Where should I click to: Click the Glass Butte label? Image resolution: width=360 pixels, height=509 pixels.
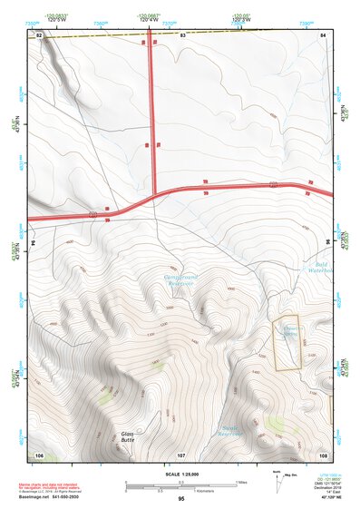(131, 437)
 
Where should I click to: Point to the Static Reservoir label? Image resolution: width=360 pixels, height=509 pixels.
(235, 431)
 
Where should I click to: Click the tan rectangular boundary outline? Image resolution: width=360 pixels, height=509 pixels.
(286, 343)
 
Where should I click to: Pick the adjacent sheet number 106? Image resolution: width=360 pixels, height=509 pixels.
(39, 454)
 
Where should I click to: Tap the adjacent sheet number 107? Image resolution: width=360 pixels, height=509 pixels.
(180, 454)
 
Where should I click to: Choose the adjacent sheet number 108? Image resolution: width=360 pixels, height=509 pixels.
(323, 454)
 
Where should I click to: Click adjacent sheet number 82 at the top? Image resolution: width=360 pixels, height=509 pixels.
(39, 34)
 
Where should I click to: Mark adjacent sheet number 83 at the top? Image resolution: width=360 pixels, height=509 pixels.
(181, 34)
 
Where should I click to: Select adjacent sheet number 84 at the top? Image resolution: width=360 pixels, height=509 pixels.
(323, 34)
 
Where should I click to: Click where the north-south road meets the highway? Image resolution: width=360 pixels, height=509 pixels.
(152, 192)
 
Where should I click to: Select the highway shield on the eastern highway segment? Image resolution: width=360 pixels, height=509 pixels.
(273, 185)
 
